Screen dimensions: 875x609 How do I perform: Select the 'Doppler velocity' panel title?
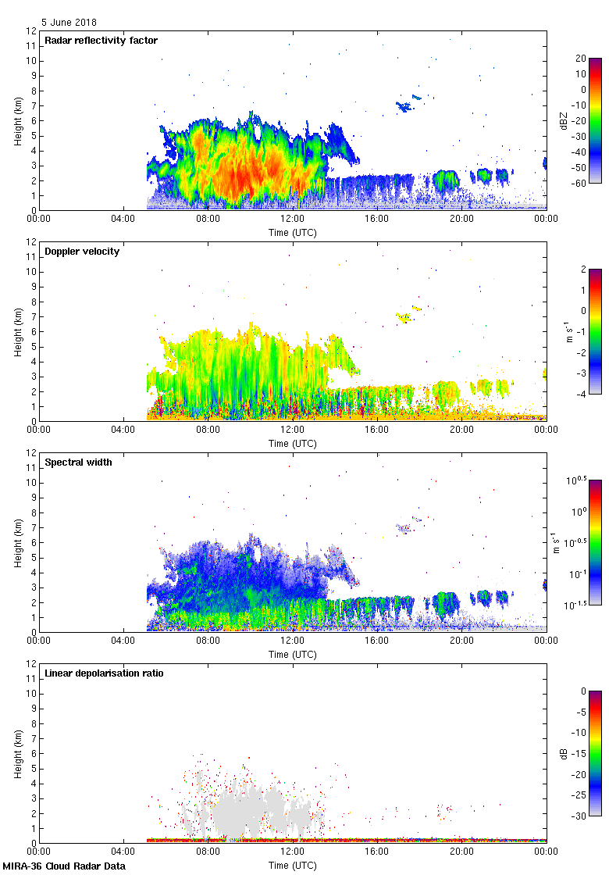(x=82, y=252)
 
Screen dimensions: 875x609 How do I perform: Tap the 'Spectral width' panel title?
(x=78, y=462)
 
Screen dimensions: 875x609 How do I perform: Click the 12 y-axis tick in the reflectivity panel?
(x=32, y=31)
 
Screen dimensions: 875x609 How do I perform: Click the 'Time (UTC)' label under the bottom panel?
(x=293, y=865)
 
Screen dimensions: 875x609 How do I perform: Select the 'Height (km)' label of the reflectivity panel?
(x=17, y=120)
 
